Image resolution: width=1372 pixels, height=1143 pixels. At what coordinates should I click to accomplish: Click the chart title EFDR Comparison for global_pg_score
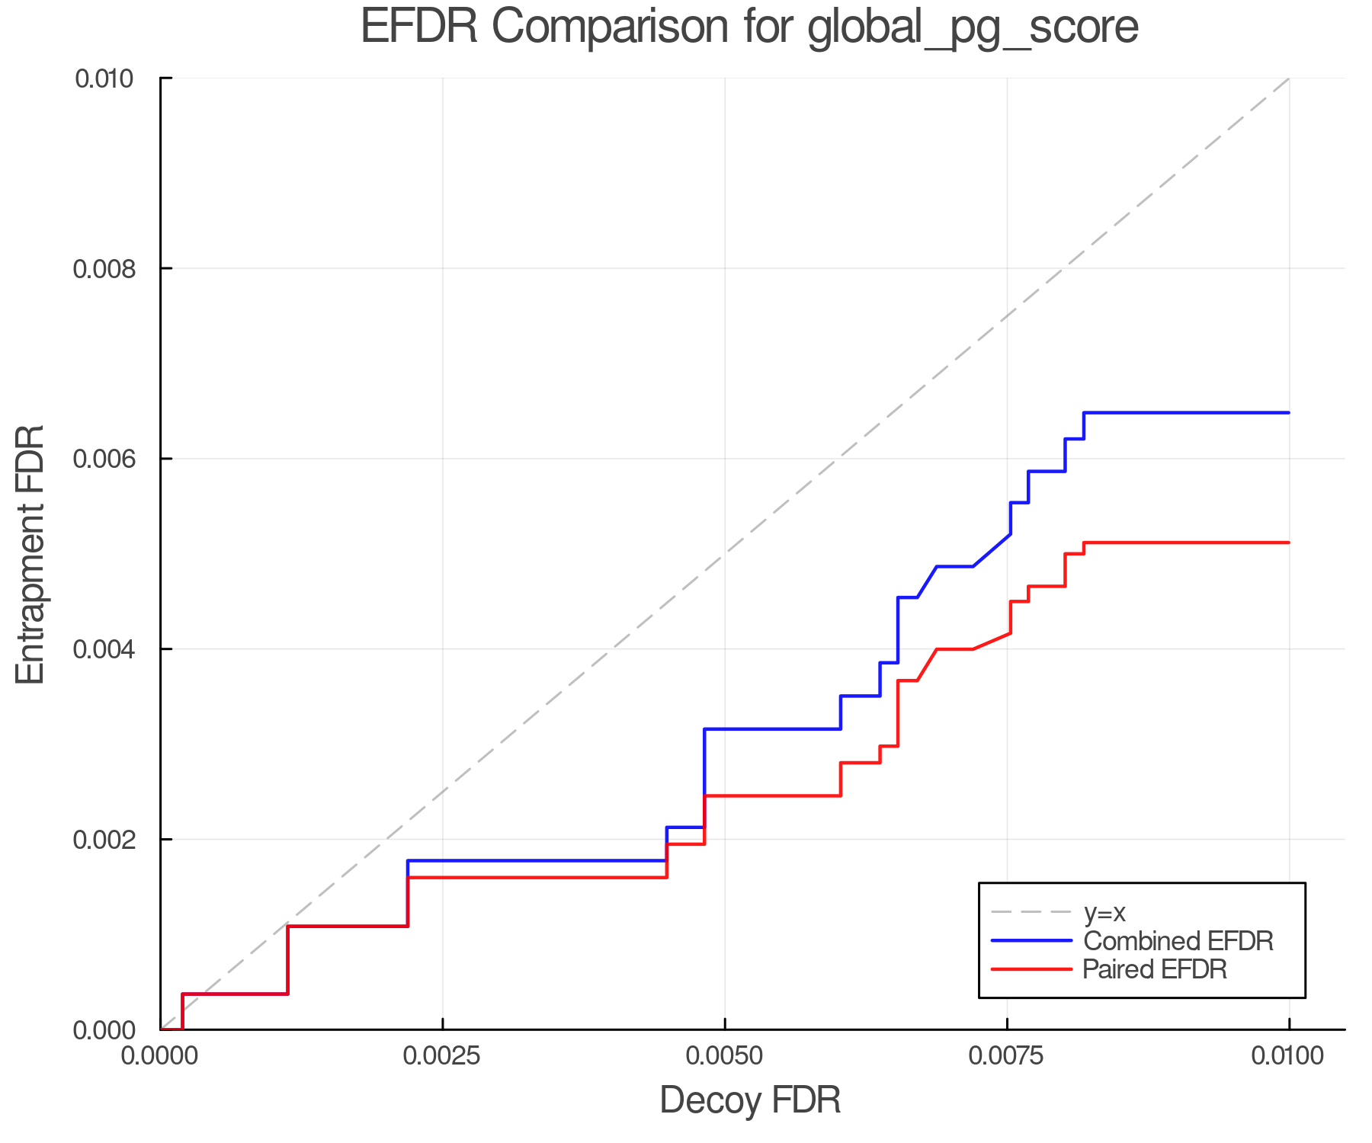coord(749,27)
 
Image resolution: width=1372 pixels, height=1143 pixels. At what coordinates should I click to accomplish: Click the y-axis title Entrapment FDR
coord(30,555)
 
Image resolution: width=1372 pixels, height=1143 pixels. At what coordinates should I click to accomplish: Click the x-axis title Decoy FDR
coord(750,1100)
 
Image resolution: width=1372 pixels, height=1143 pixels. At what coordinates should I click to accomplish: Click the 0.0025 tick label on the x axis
coord(442,1055)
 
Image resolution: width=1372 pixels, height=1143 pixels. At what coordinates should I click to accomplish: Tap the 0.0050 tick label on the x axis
coord(724,1055)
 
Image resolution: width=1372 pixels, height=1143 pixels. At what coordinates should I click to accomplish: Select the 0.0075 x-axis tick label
coord(1007,1055)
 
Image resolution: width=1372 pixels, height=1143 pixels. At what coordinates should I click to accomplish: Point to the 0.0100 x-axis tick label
coord(1289,1055)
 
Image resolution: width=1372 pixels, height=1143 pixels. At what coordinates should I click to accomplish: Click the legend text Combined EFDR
coord(1178,941)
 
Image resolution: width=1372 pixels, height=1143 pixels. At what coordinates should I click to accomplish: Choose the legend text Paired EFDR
coord(1155,969)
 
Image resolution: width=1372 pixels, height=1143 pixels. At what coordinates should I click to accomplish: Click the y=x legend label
coord(1104,913)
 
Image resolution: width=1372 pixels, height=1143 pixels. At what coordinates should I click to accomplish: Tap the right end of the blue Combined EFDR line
coord(1288,413)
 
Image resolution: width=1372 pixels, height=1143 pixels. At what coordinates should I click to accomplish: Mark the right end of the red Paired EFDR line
coord(1288,543)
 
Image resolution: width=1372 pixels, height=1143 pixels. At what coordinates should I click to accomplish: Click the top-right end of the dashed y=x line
coord(1288,78)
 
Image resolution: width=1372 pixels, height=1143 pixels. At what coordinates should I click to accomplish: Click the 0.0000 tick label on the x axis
coord(160,1055)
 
